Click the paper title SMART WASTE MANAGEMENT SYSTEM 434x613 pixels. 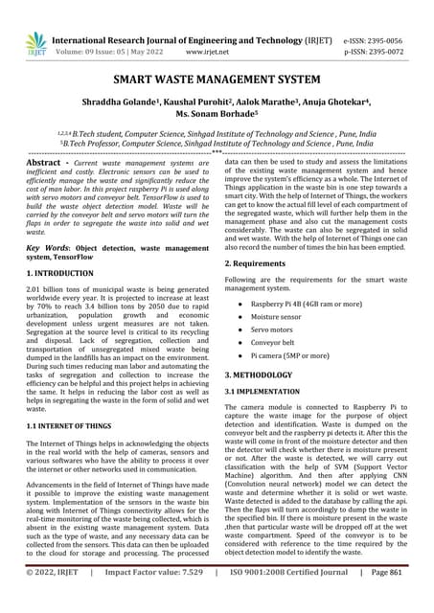coord(217,82)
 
